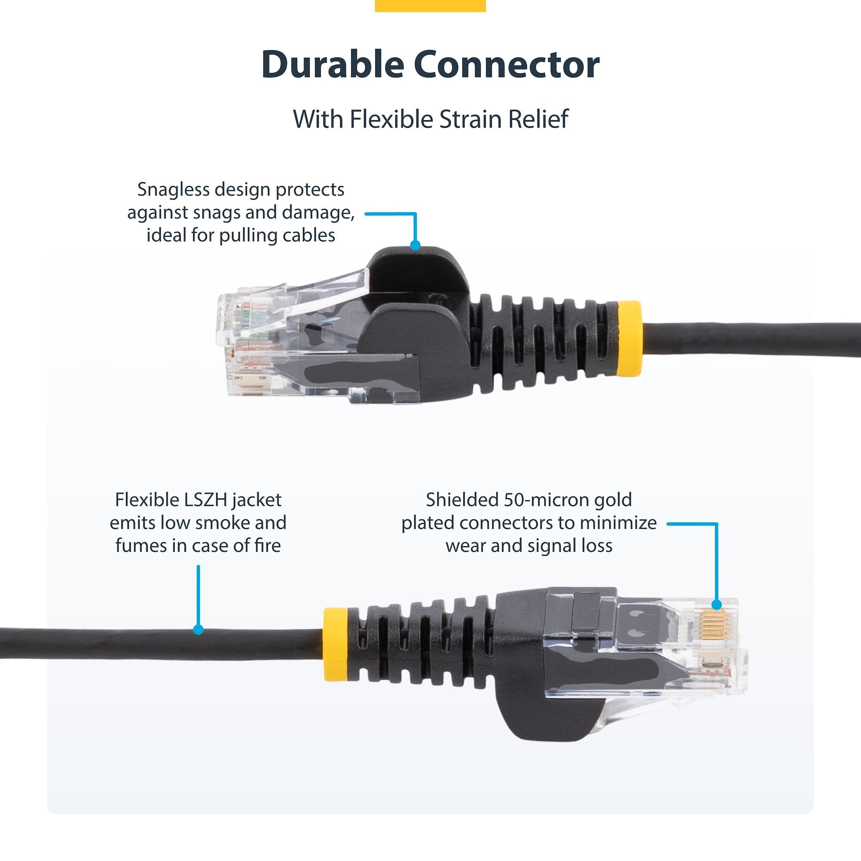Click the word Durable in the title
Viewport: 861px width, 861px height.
[x=332, y=65]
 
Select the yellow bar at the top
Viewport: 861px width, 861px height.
[x=430, y=5]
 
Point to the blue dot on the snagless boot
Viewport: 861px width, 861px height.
[x=415, y=245]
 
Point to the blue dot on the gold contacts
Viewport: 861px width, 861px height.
[x=716, y=605]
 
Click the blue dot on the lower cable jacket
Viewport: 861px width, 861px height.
[x=198, y=629]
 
